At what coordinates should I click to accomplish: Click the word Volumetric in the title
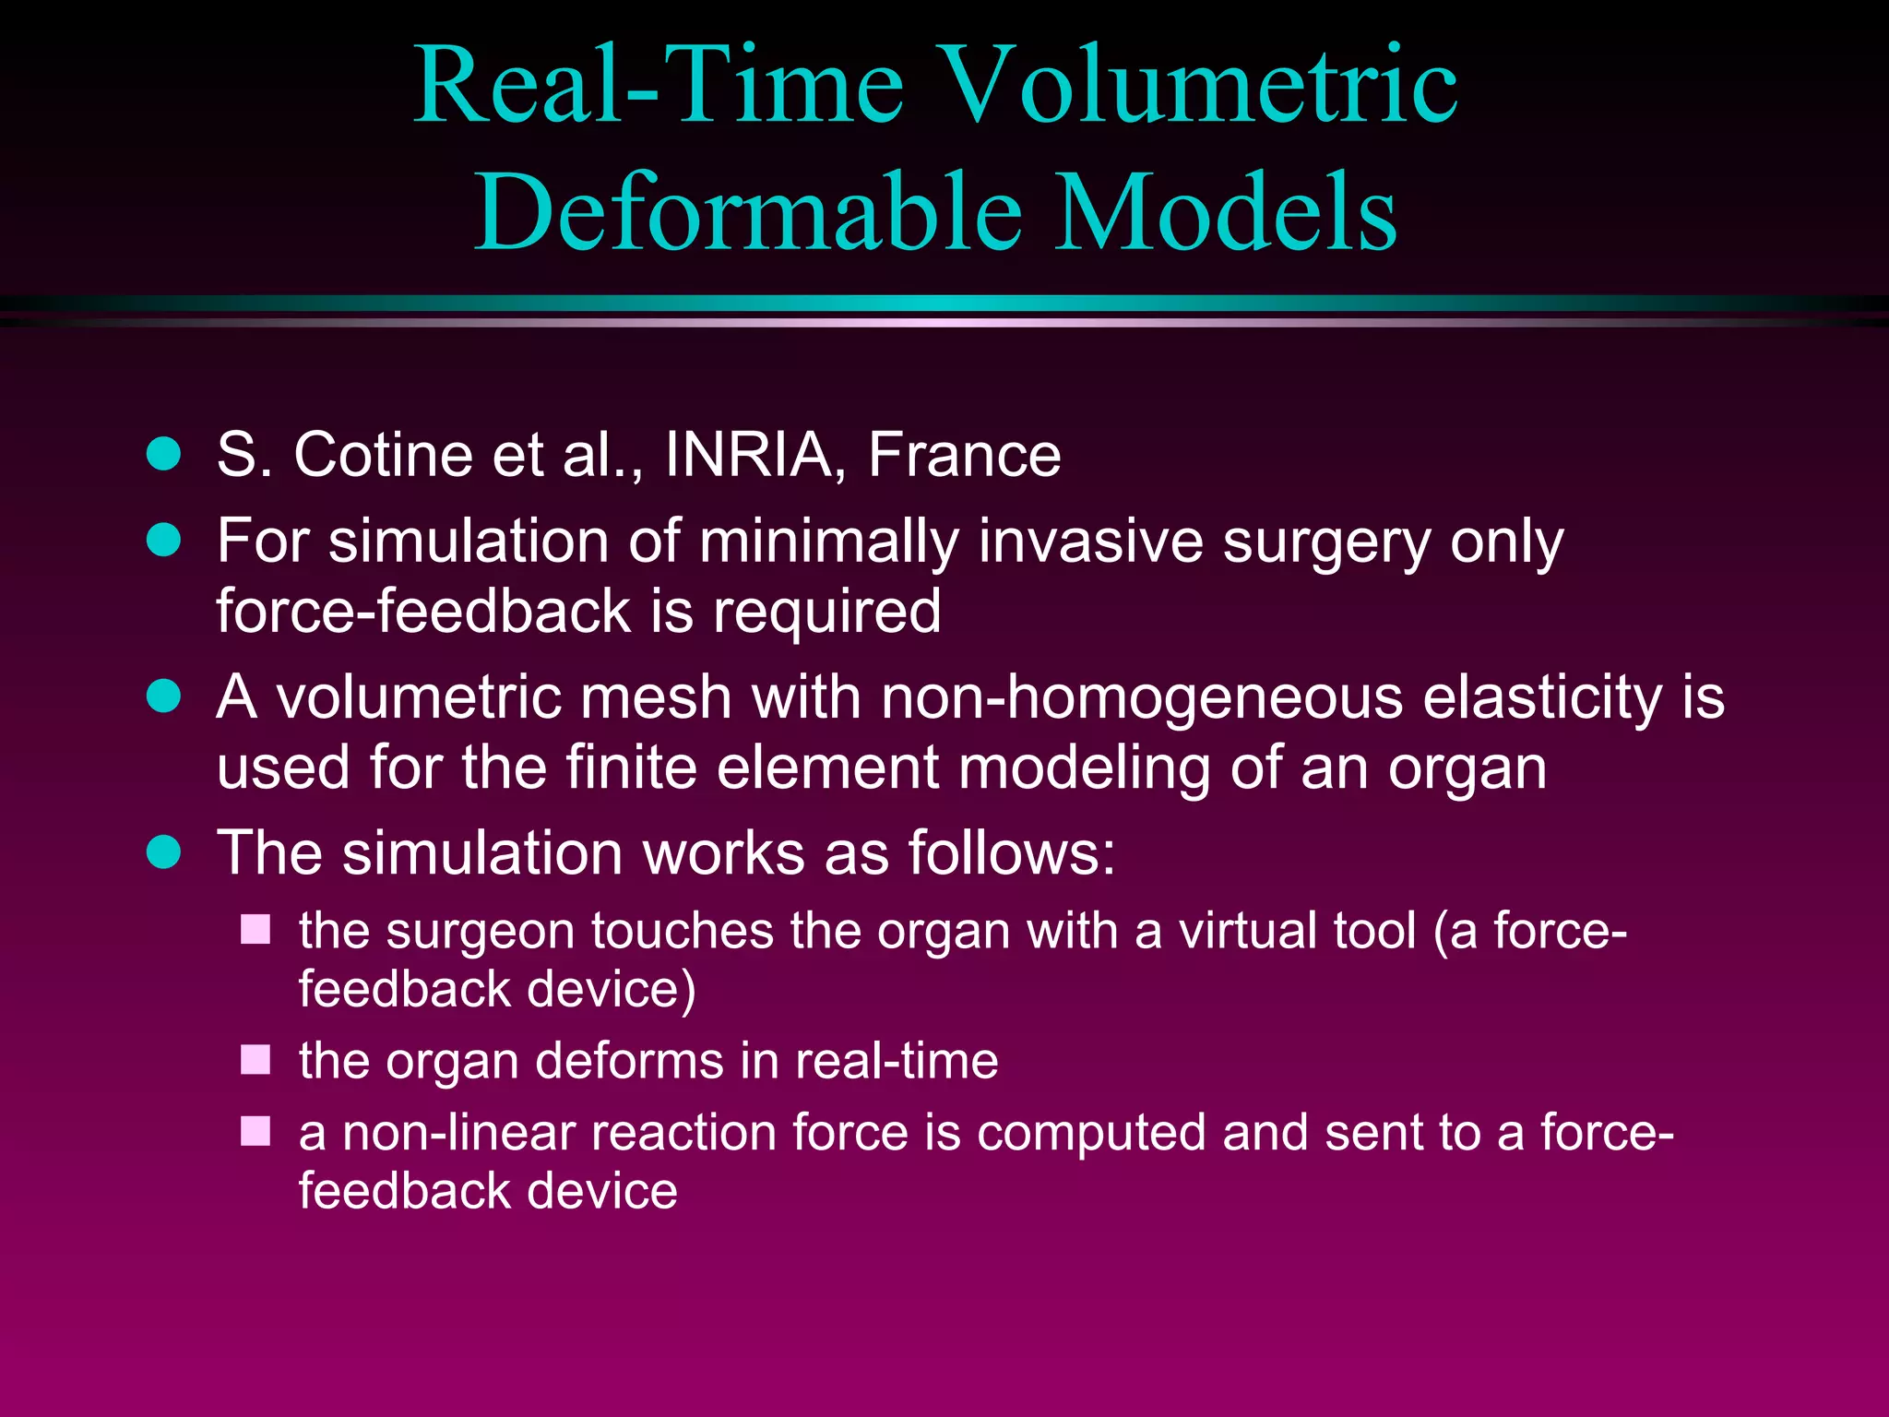click(1201, 86)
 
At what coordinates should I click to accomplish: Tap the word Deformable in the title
click(748, 213)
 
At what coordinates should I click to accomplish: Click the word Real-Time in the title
click(659, 86)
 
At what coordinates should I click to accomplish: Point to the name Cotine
click(383, 455)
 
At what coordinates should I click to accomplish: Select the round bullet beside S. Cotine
click(164, 455)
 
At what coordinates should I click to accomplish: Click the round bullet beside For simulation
click(164, 540)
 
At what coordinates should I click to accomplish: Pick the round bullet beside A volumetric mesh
click(164, 697)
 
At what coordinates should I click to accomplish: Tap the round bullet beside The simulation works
click(164, 851)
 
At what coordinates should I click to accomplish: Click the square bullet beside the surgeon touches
click(255, 930)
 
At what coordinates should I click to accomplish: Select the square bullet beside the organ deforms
click(255, 1060)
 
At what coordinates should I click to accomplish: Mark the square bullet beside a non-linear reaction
click(255, 1132)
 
